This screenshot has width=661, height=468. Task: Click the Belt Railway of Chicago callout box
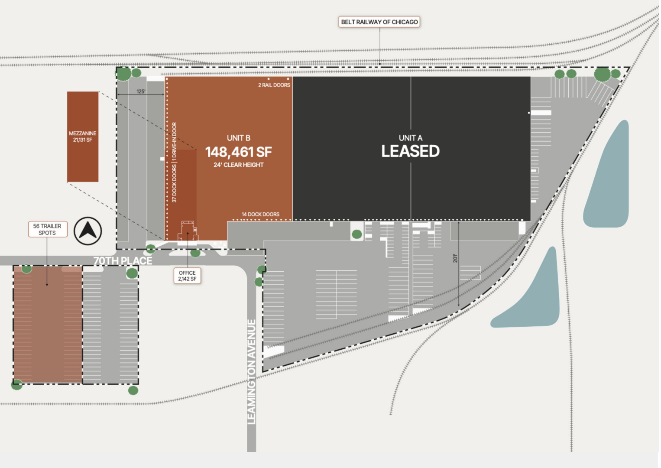click(x=379, y=22)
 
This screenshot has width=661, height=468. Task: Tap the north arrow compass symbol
click(x=87, y=231)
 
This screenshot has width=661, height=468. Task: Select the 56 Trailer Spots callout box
click(x=48, y=229)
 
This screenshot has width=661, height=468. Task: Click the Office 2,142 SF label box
click(x=187, y=276)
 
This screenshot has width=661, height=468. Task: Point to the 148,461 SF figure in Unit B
click(x=238, y=152)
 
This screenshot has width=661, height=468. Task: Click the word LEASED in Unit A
click(x=410, y=151)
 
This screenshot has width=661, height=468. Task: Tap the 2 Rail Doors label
click(x=274, y=85)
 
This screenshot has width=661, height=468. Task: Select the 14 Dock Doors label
click(x=261, y=214)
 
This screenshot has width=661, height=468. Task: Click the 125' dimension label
click(x=141, y=91)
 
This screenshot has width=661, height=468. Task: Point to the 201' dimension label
click(x=455, y=258)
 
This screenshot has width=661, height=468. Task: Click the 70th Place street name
click(x=123, y=261)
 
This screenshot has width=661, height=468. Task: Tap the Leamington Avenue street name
click(x=251, y=372)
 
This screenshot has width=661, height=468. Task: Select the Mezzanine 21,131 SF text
click(x=83, y=136)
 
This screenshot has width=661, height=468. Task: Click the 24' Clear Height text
click(x=238, y=165)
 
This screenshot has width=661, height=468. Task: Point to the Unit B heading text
click(x=238, y=138)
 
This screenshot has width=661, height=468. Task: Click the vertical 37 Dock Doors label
click(x=174, y=184)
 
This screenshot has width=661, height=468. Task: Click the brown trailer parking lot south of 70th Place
click(x=48, y=325)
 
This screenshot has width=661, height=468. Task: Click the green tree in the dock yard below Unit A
click(x=357, y=234)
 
